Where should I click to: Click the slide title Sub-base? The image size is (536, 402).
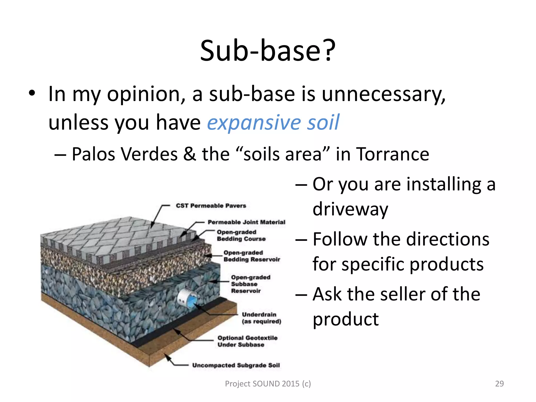267,51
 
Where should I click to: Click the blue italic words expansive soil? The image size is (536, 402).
273,122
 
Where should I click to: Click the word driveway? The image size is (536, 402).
350,209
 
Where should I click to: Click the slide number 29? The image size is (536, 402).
499,383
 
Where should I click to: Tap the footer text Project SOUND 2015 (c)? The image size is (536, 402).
268,384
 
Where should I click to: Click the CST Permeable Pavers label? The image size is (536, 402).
211,206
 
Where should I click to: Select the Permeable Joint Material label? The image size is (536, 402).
246,222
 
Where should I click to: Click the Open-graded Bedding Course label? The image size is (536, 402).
241,235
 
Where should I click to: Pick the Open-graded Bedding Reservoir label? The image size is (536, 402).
252,256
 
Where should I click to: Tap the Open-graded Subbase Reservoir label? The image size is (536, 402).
250,284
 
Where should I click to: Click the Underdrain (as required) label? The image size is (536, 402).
261,318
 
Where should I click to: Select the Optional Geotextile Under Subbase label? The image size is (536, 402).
247,341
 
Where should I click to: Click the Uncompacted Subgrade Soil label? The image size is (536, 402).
236,365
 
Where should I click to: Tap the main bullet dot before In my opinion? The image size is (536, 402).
32,93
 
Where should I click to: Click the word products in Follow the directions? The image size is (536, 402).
446,264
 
